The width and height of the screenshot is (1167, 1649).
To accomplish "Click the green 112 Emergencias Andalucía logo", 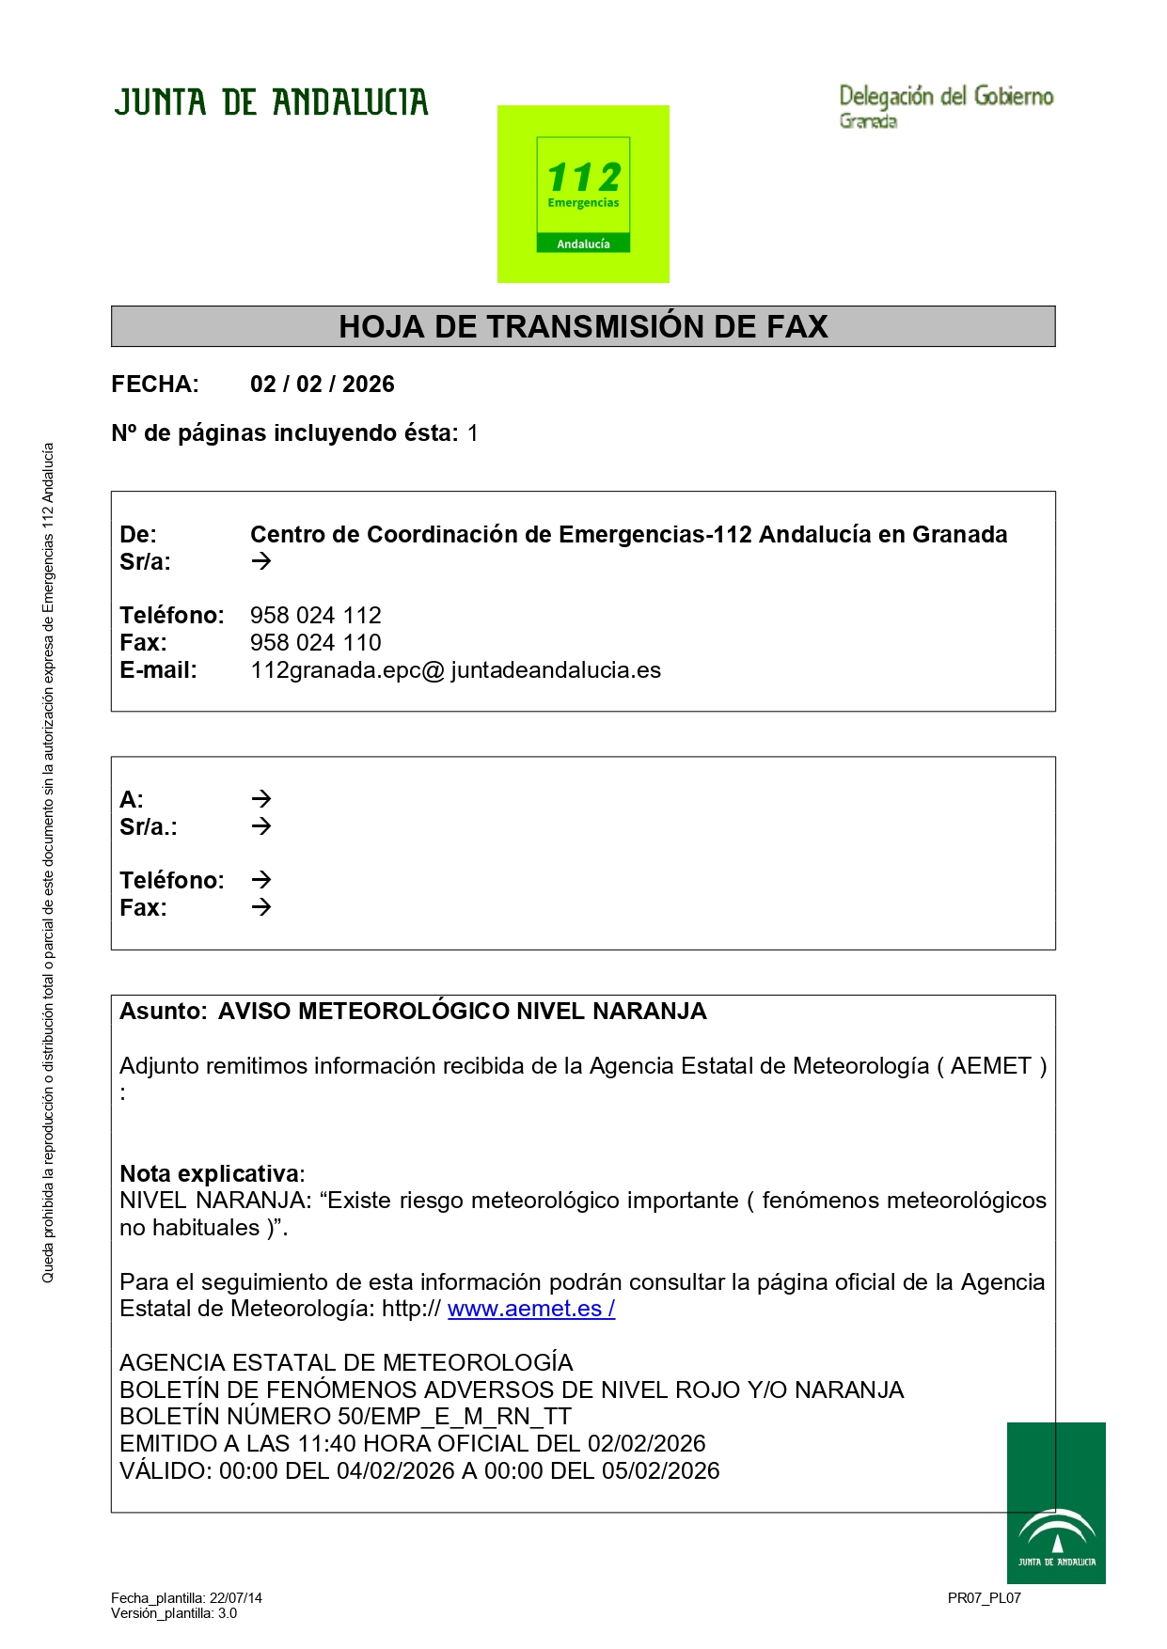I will point(583,194).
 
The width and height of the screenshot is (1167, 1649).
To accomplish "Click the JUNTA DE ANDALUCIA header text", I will point(271,102).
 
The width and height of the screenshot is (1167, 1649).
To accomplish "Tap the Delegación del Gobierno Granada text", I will point(945,105).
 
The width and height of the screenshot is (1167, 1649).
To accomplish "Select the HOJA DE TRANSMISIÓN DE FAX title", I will point(583,326).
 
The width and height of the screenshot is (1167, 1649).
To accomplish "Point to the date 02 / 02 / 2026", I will point(322,385).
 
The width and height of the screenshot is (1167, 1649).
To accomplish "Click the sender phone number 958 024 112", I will point(315,616).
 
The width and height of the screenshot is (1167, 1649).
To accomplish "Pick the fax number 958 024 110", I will point(315,643).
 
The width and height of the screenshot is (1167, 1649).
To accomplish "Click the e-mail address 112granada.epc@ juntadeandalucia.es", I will point(455,670).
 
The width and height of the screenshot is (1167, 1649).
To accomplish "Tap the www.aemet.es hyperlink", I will point(530,1309).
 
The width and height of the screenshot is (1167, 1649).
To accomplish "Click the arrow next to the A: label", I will point(261,799).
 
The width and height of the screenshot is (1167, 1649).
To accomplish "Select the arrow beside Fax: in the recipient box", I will point(261,907).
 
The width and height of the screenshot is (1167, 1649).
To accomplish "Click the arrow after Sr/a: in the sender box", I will point(261,561).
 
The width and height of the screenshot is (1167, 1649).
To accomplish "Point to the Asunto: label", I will point(163,1012).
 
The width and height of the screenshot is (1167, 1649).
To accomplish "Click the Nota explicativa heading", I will point(212,1173).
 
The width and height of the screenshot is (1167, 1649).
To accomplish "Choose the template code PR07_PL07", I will point(984,1598).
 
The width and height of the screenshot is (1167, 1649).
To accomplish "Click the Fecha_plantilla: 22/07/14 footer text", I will point(186,1598).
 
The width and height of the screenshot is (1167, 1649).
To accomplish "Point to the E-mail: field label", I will point(158,670).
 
